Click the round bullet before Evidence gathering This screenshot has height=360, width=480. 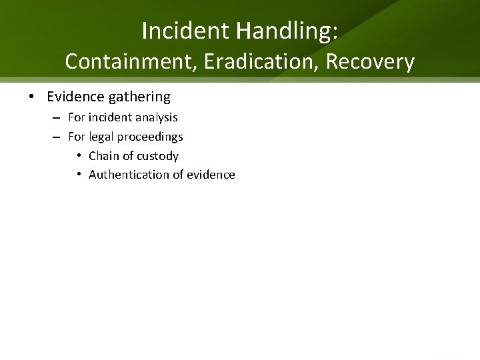(32, 97)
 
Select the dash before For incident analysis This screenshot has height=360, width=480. (56, 118)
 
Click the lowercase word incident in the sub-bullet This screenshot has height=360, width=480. (111, 117)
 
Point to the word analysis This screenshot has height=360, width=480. (157, 117)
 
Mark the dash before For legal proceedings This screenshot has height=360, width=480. (56, 137)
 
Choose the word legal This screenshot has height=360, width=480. (101, 137)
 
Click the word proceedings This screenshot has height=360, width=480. (150, 137)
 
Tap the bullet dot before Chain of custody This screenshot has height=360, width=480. (79, 156)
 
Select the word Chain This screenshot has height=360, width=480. (103, 156)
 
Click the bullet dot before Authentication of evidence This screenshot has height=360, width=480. (79, 175)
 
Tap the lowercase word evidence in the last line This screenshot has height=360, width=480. (211, 175)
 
